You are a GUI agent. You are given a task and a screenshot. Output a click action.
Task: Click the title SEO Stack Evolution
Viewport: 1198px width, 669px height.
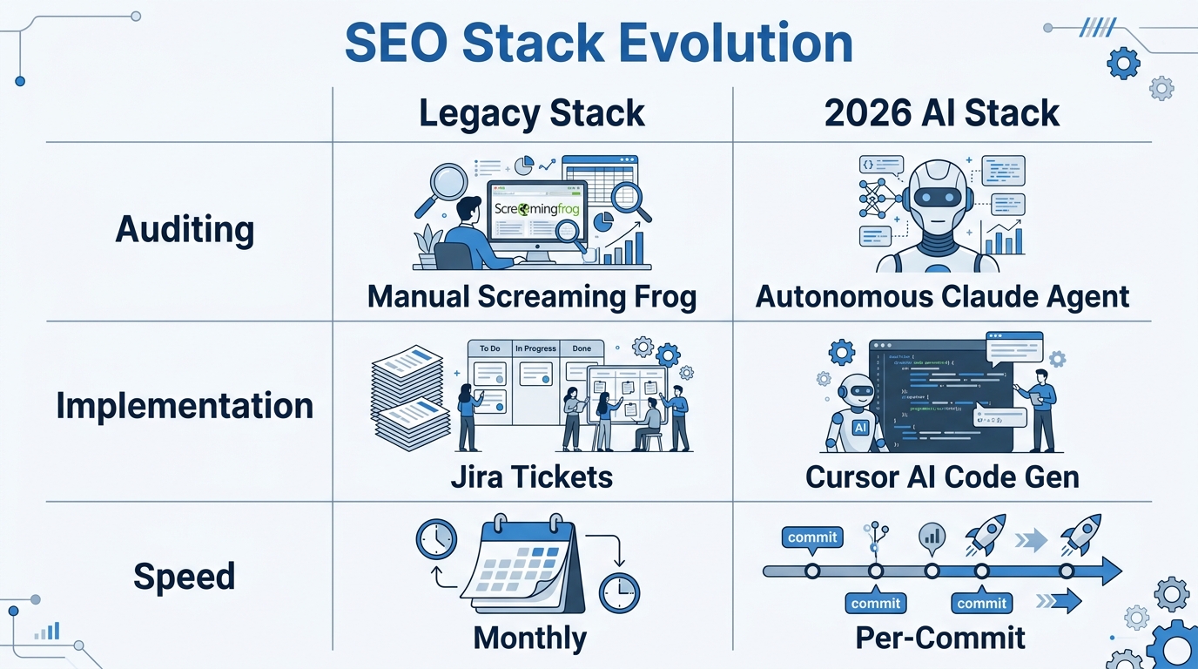tap(598, 44)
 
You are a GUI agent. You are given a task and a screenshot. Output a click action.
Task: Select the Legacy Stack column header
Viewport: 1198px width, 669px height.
tap(532, 114)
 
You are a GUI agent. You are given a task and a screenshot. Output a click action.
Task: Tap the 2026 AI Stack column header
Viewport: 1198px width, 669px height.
tap(942, 114)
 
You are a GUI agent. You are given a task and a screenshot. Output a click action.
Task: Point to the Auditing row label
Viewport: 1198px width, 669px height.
tap(185, 229)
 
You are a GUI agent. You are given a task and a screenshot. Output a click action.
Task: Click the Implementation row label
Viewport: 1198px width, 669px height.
tap(185, 406)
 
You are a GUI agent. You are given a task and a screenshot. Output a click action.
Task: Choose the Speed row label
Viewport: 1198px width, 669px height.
tap(185, 576)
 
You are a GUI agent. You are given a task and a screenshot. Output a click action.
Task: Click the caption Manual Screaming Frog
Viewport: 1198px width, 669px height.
tap(532, 297)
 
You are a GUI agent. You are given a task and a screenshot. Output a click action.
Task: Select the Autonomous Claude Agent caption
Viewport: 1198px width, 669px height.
tap(942, 297)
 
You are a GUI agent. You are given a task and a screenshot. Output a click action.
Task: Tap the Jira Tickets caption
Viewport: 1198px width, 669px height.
tap(532, 476)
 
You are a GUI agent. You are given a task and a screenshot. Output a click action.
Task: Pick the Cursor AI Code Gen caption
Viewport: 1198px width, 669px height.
tap(942, 476)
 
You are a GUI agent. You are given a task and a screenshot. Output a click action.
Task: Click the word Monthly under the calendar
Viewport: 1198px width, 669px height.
tap(530, 638)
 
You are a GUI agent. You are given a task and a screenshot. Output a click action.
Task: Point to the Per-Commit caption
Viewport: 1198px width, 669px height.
tap(940, 638)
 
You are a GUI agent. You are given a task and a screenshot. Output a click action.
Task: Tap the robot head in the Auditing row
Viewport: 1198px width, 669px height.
tap(937, 197)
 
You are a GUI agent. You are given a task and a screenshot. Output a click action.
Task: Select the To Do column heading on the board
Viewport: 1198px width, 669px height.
tap(490, 348)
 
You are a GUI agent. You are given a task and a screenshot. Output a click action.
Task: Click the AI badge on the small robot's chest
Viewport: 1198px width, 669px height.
tap(860, 428)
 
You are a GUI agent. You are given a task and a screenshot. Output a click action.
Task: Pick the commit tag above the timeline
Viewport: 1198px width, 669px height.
tap(811, 537)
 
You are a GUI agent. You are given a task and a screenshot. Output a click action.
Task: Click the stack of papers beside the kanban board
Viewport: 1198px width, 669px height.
tap(410, 396)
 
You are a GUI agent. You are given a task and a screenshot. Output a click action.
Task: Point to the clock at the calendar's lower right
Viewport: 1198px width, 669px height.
tap(619, 593)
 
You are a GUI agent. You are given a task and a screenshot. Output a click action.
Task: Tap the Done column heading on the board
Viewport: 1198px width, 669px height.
tap(582, 348)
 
